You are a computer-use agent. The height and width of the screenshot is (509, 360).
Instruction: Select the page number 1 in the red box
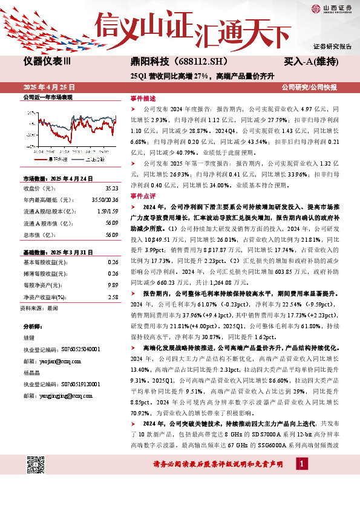(x=301, y=463)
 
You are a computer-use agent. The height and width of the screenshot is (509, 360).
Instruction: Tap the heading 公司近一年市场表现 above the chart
(x=47, y=97)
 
